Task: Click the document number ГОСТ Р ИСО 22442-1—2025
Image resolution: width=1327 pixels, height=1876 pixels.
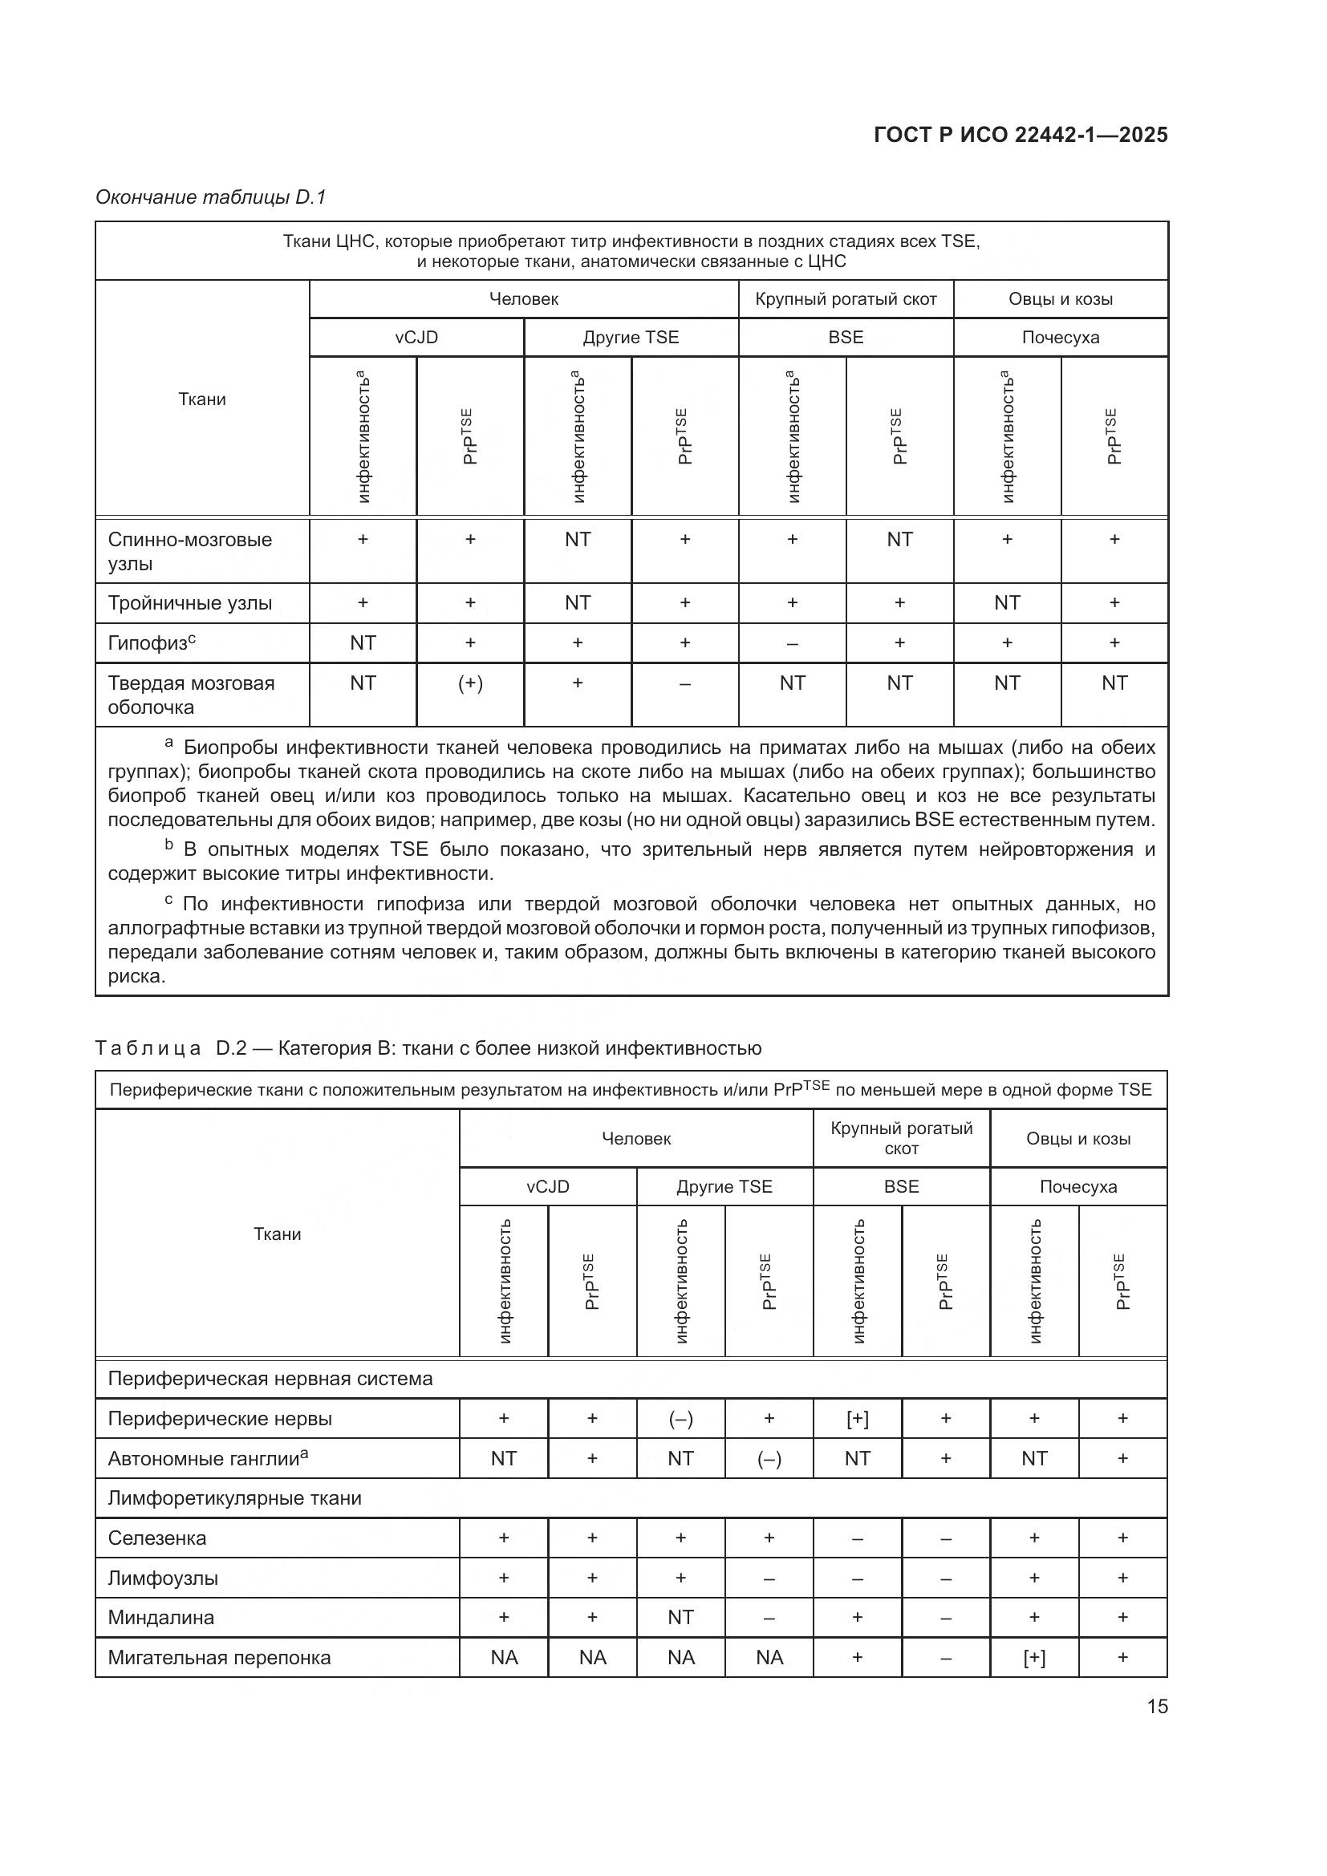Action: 1021,135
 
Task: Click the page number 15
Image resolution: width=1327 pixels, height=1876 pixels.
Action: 1157,1706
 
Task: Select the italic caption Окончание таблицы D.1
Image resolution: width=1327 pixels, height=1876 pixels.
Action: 211,197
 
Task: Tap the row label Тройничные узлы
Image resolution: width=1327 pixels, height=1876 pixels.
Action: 189,603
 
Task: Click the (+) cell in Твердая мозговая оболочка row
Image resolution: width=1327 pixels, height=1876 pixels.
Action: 470,683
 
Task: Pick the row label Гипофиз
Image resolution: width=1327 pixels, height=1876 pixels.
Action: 151,643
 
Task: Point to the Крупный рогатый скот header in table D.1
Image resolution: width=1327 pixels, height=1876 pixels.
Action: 846,299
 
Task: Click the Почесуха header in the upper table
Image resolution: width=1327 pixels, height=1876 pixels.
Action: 1060,338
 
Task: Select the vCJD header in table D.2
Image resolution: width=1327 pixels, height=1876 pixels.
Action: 547,1186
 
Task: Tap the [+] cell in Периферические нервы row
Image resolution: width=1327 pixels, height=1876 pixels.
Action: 857,1420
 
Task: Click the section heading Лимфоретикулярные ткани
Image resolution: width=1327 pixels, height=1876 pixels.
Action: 234,1497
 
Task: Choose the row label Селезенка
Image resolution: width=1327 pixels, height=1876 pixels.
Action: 157,1538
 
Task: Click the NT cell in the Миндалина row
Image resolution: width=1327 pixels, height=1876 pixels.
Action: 680,1617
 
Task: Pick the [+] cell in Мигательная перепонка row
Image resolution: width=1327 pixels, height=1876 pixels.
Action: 1033,1658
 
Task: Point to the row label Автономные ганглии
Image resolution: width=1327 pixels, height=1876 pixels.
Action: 208,1458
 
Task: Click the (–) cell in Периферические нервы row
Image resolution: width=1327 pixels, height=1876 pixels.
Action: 680,1420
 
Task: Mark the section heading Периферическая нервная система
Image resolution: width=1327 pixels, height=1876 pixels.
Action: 270,1380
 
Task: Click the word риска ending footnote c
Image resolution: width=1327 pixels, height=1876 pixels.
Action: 136,976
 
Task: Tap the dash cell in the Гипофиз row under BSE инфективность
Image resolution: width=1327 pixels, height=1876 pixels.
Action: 792,643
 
